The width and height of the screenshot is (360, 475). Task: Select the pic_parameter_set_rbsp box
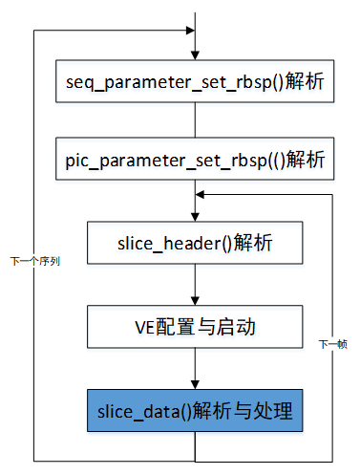point(195,156)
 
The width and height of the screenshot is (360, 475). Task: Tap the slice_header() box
point(195,243)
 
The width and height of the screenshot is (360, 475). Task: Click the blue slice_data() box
point(195,412)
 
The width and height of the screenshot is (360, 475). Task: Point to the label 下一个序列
point(36,259)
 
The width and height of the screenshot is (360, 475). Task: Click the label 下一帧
point(332,343)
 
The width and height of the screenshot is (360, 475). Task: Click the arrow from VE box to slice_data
point(195,369)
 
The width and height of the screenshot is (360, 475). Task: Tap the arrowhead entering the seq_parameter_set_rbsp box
point(195,54)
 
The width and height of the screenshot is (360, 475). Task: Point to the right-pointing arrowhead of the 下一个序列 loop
point(188,30)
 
